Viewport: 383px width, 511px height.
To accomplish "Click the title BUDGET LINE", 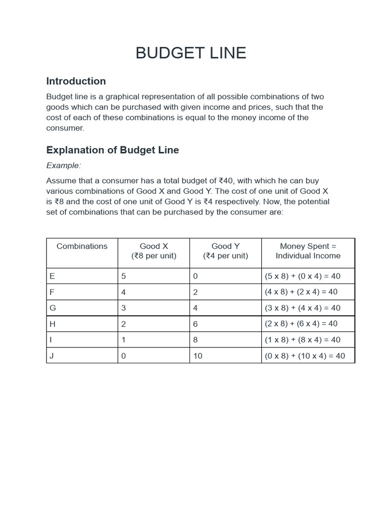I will click(x=191, y=53).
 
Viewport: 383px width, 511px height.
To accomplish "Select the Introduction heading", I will click(x=76, y=81).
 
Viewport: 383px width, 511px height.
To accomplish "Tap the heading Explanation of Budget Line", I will click(x=112, y=150).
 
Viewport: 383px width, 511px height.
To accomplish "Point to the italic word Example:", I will click(x=63, y=166).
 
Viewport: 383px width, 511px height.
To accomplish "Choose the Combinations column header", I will click(x=82, y=247).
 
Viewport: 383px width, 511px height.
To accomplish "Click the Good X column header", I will click(x=154, y=251).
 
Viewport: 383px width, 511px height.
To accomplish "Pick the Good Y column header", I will click(x=225, y=251).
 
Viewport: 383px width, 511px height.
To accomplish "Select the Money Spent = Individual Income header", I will click(x=308, y=251).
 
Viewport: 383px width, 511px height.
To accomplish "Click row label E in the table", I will click(x=52, y=276).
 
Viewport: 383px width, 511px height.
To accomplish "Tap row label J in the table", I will click(x=52, y=356).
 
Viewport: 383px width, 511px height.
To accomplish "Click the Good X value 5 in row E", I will click(x=124, y=276).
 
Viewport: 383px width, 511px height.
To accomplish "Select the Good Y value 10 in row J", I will click(x=197, y=356).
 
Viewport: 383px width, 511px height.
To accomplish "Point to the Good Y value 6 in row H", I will click(x=195, y=324).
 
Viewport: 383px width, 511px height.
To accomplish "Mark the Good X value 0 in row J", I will click(x=124, y=356).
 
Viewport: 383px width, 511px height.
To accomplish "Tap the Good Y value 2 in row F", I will click(x=195, y=292).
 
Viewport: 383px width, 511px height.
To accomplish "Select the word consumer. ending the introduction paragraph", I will click(x=65, y=128).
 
